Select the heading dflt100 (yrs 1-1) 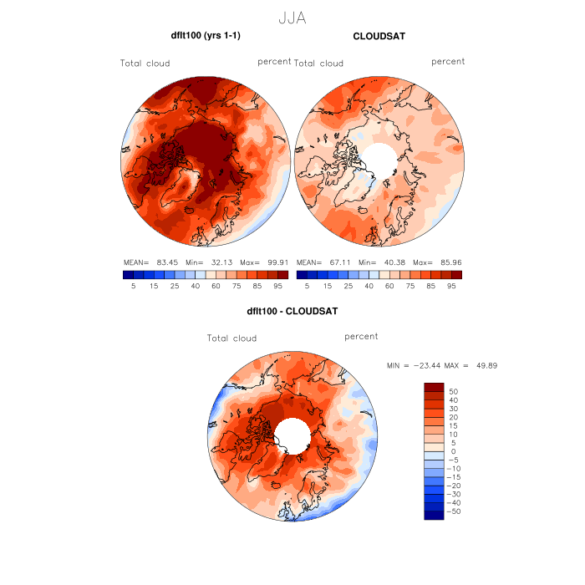[x=206, y=36]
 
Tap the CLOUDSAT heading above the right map [x=379, y=37]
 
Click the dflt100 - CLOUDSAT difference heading [x=292, y=312]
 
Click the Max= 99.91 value [x=267, y=262]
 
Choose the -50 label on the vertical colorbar [x=453, y=511]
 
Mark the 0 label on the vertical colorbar [x=452, y=450]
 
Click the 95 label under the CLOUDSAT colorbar [x=451, y=286]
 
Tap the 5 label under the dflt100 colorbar [x=133, y=286]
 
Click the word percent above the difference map [x=361, y=336]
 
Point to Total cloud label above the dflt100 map [x=145, y=64]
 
